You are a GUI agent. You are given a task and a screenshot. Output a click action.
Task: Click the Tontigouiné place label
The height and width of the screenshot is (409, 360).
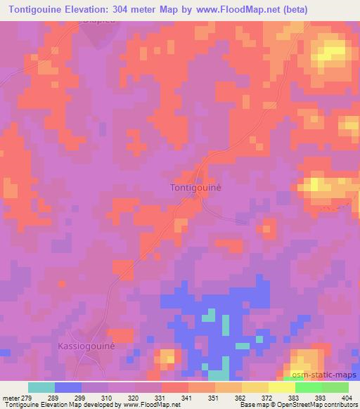(197, 188)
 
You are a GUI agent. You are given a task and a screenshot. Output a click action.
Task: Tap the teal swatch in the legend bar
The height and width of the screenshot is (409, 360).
(41, 387)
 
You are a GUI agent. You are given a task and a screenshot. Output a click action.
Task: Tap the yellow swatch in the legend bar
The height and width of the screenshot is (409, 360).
(255, 387)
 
